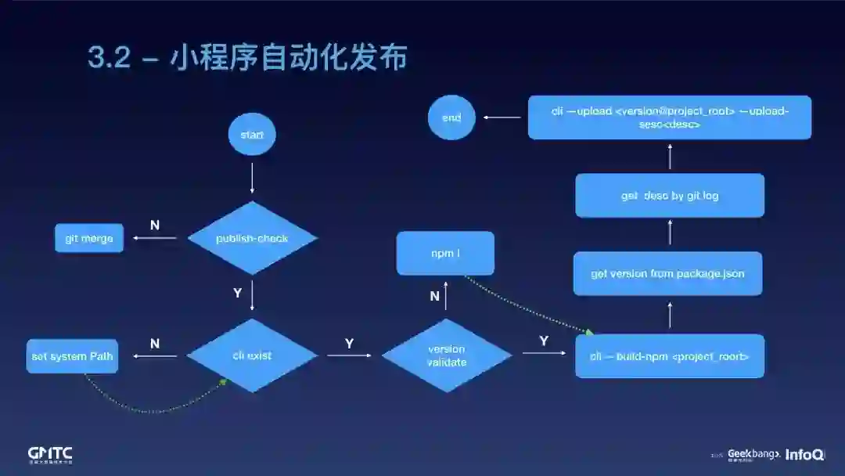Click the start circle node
click(252, 135)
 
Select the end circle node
click(451, 117)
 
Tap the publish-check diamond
click(252, 238)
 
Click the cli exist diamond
click(252, 355)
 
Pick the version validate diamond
click(447, 355)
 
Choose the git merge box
click(89, 238)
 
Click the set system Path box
click(72, 356)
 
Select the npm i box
click(445, 254)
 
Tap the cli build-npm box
click(670, 356)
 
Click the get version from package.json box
click(667, 273)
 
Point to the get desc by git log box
click(670, 196)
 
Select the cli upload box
click(670, 117)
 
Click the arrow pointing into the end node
click(502, 117)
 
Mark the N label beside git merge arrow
click(155, 225)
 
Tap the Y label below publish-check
click(238, 293)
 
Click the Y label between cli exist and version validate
click(349, 343)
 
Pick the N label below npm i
click(435, 296)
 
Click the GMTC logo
click(50, 454)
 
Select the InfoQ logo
click(804, 454)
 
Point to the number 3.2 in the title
click(109, 59)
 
